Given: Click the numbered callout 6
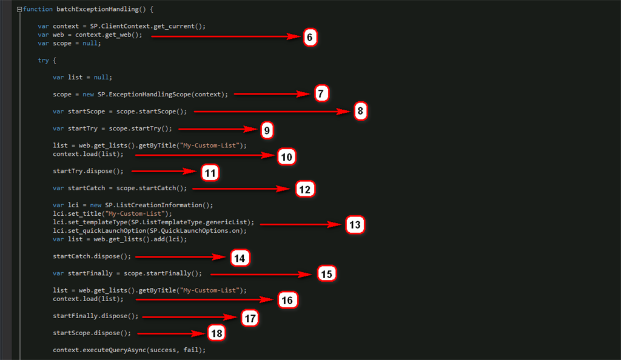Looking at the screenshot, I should (309, 37).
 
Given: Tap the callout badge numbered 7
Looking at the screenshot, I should (321, 93).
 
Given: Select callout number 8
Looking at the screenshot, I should (360, 112).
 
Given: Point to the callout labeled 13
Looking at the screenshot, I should (355, 225).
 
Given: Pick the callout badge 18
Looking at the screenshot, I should (216, 333).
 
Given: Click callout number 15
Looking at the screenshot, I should (326, 274).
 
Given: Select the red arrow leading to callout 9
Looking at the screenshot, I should (218, 129).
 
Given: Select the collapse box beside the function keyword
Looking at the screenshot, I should (19, 9).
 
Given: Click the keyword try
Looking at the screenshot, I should (43, 60).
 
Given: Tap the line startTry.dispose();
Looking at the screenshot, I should (87, 172).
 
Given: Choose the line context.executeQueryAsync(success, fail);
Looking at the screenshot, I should (129, 350).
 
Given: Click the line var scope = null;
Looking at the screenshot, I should (69, 43).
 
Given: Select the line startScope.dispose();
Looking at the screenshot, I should (92, 333).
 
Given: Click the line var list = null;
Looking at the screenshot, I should (82, 77).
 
